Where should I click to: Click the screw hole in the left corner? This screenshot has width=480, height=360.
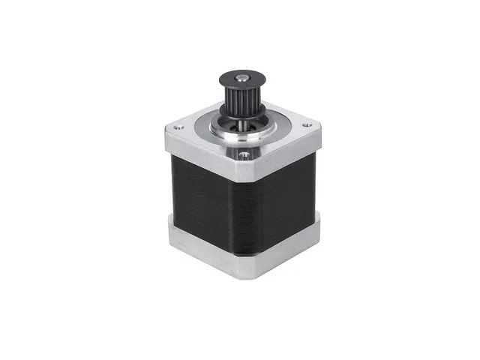click(178, 127)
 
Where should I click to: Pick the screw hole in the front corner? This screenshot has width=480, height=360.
click(243, 156)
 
